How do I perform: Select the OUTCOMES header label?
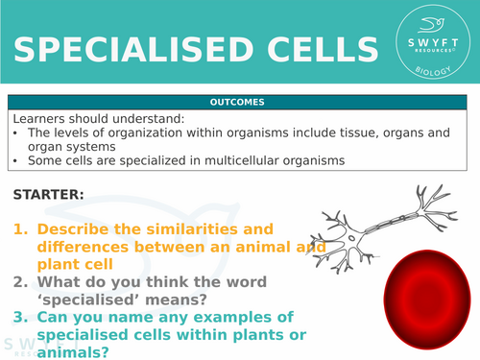[x=240, y=102]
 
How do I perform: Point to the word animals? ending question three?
[x=78, y=351]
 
